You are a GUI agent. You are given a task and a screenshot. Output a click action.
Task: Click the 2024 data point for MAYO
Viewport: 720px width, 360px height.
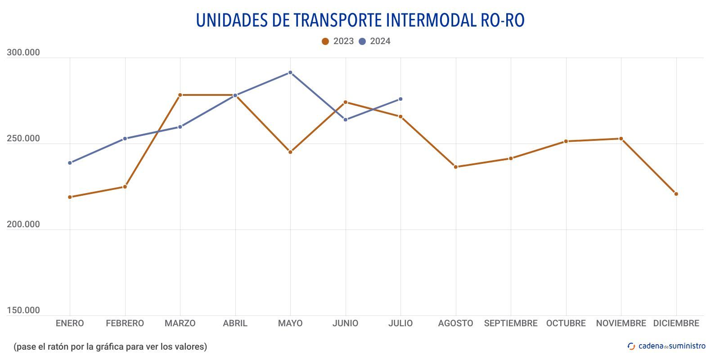tap(290, 72)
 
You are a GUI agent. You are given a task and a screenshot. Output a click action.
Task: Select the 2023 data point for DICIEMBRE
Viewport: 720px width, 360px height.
tap(676, 194)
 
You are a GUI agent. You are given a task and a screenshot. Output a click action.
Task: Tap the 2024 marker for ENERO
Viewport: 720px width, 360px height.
tap(70, 163)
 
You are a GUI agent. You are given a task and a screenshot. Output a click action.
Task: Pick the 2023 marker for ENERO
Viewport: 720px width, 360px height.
tap(70, 197)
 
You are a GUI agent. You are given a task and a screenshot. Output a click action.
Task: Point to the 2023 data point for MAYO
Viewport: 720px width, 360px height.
tap(290, 152)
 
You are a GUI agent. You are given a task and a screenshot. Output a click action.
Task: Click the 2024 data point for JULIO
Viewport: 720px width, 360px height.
tap(400, 99)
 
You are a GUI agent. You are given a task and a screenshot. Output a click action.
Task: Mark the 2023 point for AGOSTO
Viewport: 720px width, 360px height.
tap(455, 167)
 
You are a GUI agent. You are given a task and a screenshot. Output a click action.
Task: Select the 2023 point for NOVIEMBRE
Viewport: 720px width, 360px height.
tap(621, 139)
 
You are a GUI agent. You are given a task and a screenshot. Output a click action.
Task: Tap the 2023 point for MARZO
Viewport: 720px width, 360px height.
tap(180, 95)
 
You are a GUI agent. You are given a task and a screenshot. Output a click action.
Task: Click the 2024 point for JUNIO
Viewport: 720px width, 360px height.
tap(346, 120)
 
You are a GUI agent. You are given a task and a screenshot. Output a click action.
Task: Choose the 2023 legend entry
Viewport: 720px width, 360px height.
tap(338, 41)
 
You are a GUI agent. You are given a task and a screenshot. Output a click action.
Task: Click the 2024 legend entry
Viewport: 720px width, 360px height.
tap(375, 41)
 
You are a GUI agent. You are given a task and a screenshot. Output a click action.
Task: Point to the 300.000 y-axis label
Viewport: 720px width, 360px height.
tap(23, 53)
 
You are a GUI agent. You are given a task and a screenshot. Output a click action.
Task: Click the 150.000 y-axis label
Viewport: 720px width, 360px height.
tap(23, 310)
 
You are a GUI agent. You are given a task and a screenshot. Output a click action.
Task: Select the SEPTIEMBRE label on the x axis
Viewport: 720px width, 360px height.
tap(511, 323)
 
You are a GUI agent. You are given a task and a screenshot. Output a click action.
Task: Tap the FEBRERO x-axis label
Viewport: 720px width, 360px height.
tap(125, 323)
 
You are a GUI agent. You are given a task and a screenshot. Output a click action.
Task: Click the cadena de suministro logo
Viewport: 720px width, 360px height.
tap(666, 346)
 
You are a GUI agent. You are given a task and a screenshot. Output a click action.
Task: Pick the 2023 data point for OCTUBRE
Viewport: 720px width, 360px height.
tap(566, 141)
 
